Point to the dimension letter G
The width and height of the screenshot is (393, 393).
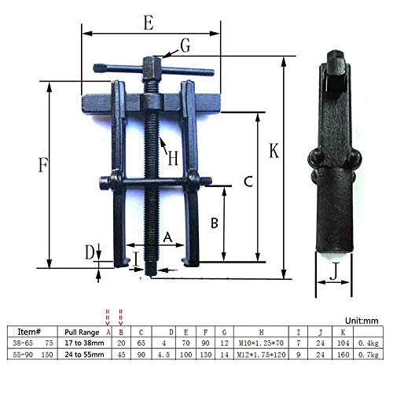(x=185, y=46)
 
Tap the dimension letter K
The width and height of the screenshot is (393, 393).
(x=274, y=150)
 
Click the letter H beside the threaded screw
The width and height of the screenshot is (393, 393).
(x=173, y=156)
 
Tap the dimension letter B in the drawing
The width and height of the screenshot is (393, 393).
(x=214, y=222)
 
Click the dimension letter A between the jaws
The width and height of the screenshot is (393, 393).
(x=167, y=236)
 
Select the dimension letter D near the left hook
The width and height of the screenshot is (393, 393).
(x=90, y=252)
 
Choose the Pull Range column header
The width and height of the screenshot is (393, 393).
(x=84, y=332)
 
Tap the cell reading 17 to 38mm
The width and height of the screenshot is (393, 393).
(x=86, y=343)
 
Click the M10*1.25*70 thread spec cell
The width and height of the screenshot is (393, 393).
(x=259, y=343)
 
